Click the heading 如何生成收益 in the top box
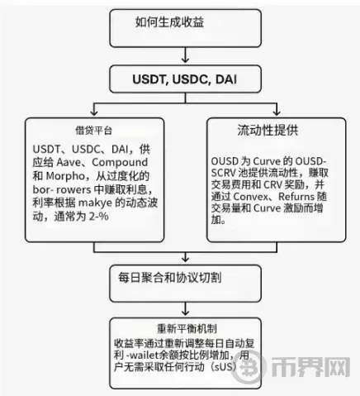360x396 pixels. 169,22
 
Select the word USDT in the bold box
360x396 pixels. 149,79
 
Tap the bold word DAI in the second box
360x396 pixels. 226,79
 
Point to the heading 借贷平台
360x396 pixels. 94,131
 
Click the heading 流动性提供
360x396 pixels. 268,130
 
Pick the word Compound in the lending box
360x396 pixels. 120,162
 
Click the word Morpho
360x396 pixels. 65,176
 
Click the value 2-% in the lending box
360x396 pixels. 99,217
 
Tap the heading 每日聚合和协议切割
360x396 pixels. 170,277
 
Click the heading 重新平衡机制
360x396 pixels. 187,328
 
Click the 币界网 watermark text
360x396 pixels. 311,367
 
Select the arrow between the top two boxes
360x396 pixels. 185,55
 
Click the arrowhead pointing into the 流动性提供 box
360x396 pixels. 277,112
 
